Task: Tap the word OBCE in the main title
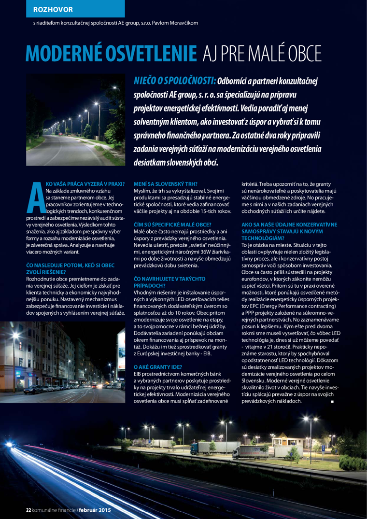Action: click(304, 53)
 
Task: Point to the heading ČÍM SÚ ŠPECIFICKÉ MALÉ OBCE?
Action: click(173, 224)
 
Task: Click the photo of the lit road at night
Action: click(74, 121)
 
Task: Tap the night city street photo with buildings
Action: click(74, 361)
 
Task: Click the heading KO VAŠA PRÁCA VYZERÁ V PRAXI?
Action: click(85, 183)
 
